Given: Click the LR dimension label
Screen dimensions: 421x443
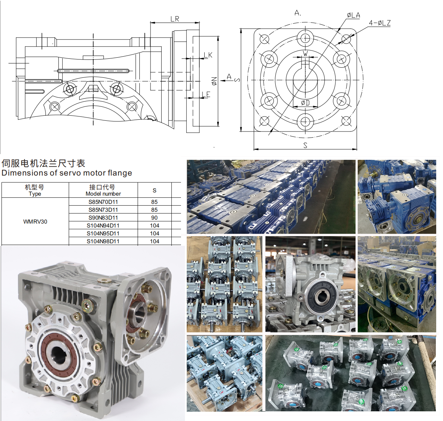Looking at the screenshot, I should (175, 19).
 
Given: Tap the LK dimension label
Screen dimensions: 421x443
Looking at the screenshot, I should (208, 55).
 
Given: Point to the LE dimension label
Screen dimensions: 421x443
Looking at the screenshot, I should (206, 94).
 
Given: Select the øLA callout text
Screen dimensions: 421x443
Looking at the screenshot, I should (353, 15).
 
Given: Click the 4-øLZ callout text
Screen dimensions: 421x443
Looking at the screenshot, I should (380, 23).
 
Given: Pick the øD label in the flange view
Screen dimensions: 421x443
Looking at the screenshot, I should (305, 103).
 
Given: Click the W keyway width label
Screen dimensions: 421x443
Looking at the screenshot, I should (305, 54).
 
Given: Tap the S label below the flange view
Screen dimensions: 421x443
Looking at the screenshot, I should (305, 145).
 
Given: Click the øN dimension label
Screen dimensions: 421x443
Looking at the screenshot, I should (214, 81).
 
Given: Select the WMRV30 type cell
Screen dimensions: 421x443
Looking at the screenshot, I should (35, 221).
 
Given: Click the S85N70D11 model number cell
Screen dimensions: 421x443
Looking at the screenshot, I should (103, 202).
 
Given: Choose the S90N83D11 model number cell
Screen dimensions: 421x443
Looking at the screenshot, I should (103, 217).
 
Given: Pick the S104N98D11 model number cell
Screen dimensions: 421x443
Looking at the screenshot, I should (103, 241).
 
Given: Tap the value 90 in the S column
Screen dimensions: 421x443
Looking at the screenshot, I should (154, 217).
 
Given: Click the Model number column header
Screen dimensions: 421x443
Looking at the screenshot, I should (103, 190).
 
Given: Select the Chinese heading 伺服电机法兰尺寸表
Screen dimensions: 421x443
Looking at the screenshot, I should (43, 163).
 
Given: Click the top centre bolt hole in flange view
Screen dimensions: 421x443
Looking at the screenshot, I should (305, 38).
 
